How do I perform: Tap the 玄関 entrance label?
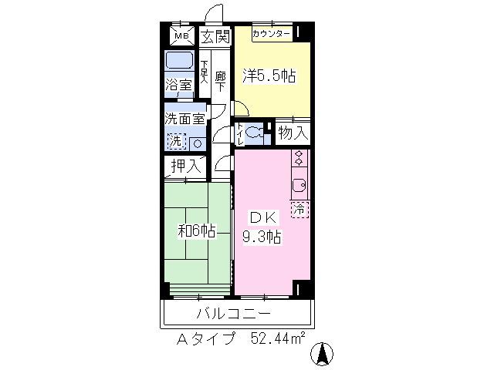215,36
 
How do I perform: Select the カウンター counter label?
271,34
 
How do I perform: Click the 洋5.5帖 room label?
270,76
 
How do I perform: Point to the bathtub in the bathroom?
180,61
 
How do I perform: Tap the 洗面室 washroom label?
184,119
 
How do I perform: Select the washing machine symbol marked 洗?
177,141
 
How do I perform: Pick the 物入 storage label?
293,133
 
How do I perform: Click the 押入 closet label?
185,165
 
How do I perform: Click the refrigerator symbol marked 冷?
299,207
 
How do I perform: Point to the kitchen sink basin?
299,185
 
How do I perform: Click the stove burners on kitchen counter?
299,159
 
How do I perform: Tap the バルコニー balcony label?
233,314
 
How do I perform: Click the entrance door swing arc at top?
215,15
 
